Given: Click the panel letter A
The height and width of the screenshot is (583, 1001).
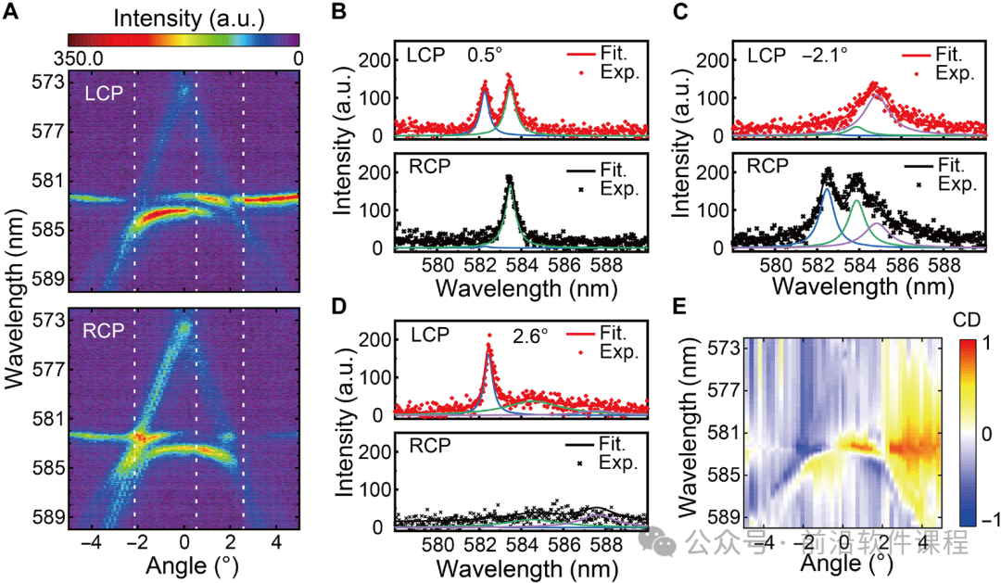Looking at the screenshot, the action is [10, 12].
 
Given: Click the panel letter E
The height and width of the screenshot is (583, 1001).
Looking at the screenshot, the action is [680, 307].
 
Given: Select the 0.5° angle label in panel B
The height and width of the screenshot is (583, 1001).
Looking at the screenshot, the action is [485, 55].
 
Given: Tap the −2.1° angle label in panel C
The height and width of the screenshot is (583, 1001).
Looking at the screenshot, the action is [825, 55].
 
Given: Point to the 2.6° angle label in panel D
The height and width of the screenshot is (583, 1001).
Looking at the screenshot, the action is [530, 336].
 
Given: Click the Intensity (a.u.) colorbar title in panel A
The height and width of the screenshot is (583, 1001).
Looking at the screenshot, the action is [189, 19].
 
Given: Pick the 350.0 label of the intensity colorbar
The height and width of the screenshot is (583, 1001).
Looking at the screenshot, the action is [79, 58].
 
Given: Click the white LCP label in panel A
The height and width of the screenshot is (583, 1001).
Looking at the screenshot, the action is [104, 94].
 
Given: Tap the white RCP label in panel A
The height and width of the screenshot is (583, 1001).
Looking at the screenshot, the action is [104, 331].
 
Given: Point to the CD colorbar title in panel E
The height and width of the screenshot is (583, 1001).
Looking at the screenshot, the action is [967, 319].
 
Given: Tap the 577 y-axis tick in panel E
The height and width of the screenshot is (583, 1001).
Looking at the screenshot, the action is [725, 390].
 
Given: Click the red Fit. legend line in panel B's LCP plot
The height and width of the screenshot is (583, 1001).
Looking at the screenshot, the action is [581, 54].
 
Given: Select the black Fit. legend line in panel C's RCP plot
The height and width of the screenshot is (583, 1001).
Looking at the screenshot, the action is [919, 167].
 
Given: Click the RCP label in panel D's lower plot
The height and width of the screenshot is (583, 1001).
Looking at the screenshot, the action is [430, 445].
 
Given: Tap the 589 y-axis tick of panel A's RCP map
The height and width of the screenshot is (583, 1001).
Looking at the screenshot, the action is [48, 516].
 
